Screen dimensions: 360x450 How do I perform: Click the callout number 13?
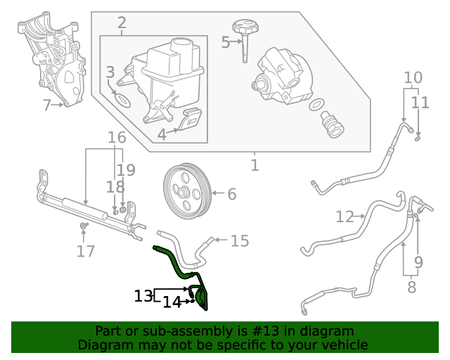(x=143, y=296)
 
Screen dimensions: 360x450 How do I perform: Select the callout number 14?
(x=172, y=302)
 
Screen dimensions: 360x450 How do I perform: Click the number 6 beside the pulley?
(x=231, y=193)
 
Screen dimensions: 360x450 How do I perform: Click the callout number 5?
(x=226, y=42)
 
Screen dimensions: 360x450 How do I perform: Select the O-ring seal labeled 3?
(x=122, y=100)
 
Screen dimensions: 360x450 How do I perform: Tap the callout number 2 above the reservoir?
(x=122, y=23)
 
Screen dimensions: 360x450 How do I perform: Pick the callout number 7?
(x=47, y=106)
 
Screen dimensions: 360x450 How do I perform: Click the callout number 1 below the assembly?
(x=255, y=166)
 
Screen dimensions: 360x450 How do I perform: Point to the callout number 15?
(x=240, y=241)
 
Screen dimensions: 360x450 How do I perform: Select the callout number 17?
(x=85, y=251)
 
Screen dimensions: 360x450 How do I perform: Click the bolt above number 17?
(x=84, y=226)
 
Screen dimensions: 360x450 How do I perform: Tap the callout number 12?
(x=345, y=217)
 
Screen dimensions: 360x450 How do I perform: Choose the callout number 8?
(x=411, y=287)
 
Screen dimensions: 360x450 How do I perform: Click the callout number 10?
(x=413, y=77)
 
